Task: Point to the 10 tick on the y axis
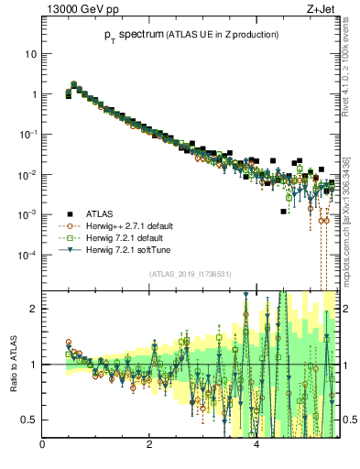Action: click(x=30, y=53)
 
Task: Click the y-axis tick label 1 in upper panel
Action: click(x=33, y=93)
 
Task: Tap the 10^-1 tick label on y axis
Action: click(x=27, y=134)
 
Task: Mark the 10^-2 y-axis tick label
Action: click(x=27, y=174)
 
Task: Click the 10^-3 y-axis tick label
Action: click(x=27, y=214)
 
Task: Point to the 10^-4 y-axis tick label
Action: click(x=27, y=255)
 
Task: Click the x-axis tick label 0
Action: click(x=43, y=446)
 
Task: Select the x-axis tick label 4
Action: click(x=256, y=446)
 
